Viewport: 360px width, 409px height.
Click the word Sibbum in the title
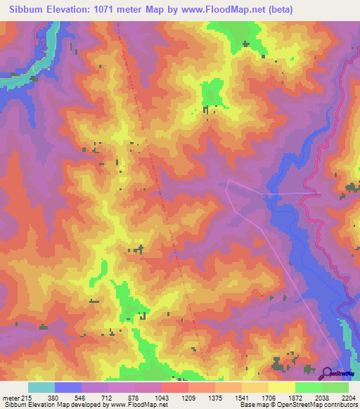[21, 9]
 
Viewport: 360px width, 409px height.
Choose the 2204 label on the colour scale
[349, 397]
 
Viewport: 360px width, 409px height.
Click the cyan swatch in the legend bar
[41, 387]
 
